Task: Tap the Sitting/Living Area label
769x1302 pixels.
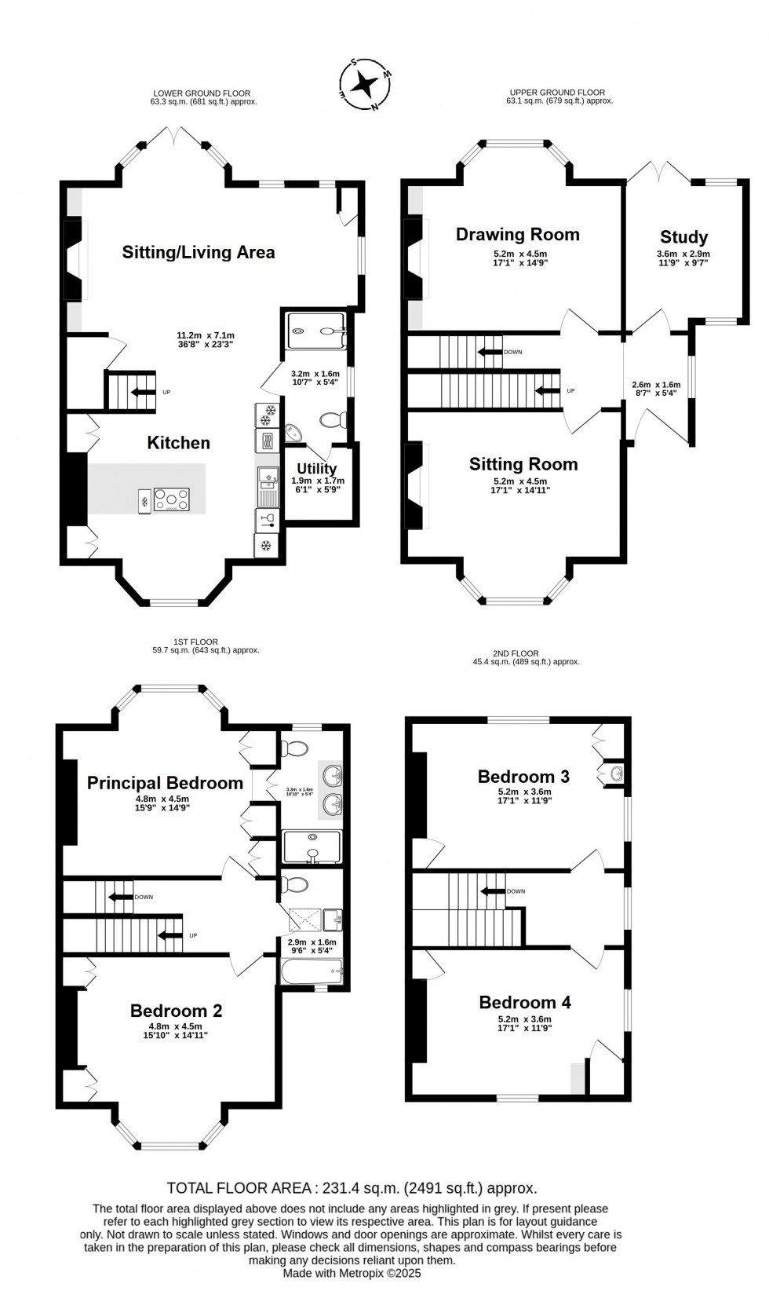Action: (x=199, y=252)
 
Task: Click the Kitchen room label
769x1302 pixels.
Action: (x=179, y=443)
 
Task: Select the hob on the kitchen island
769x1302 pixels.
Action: (x=172, y=499)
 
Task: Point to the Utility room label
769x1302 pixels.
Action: (x=317, y=469)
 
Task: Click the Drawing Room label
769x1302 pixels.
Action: (x=517, y=234)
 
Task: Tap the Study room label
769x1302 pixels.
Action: (x=683, y=237)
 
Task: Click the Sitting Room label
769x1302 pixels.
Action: (x=523, y=464)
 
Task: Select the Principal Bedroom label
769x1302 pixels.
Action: (x=165, y=783)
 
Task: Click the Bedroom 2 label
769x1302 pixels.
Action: (x=177, y=1011)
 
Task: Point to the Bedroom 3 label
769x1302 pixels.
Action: (x=523, y=777)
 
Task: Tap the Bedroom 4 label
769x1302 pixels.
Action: (x=525, y=1002)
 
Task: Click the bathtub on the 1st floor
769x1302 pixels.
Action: (x=312, y=971)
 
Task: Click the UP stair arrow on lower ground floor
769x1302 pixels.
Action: (x=143, y=392)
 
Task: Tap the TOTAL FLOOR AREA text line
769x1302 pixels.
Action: (x=352, y=1188)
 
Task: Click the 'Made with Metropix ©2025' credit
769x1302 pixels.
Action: (x=352, y=1273)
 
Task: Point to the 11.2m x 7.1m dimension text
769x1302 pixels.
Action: (x=206, y=335)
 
